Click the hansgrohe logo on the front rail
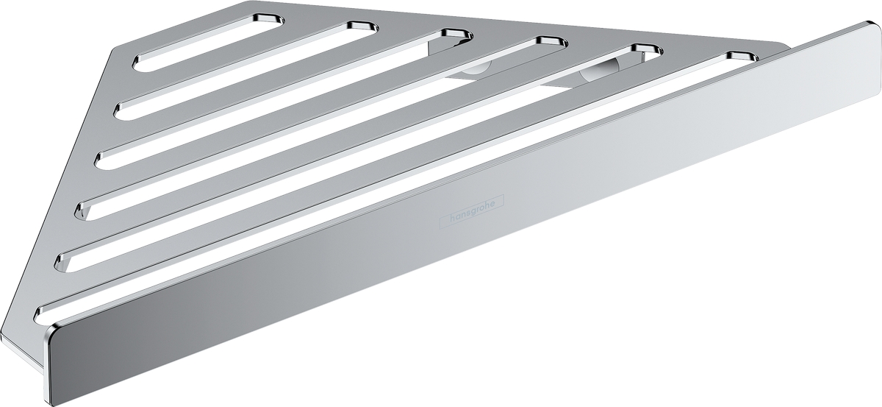[x=471, y=212]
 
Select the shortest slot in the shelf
[x=208, y=43]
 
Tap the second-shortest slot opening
[x=245, y=71]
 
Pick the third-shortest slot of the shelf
[x=284, y=99]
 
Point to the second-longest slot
[x=359, y=158]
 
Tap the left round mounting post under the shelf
[x=476, y=68]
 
